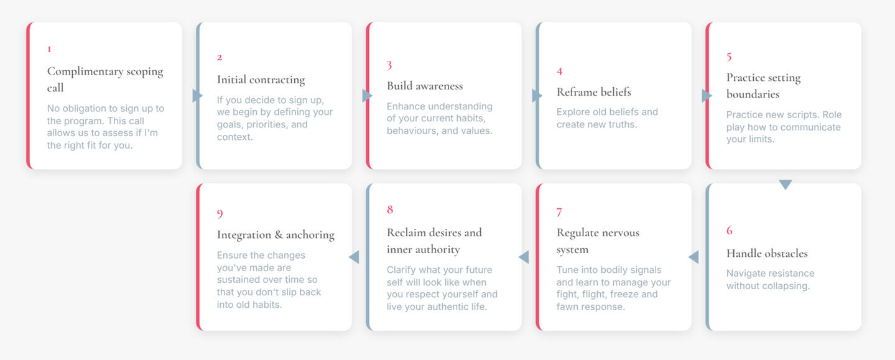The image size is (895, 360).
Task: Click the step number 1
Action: click(x=49, y=49)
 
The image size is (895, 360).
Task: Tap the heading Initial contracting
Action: click(x=261, y=80)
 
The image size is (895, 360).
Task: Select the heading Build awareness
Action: click(x=425, y=86)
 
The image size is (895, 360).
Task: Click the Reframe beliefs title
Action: click(x=594, y=92)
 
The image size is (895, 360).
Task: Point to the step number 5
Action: click(x=729, y=57)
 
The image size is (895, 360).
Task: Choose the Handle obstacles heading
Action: click(x=767, y=253)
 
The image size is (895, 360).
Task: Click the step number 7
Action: click(x=559, y=212)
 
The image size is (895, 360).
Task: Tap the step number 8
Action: click(x=390, y=210)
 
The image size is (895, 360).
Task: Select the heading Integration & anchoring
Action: click(x=276, y=235)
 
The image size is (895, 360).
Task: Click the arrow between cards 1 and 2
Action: click(x=197, y=96)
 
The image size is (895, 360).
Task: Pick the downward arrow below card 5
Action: click(x=785, y=185)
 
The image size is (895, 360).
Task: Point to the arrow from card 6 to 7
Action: click(x=693, y=257)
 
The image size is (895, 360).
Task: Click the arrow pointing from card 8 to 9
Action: click(x=354, y=257)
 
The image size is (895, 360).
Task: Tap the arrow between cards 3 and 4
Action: click(x=537, y=96)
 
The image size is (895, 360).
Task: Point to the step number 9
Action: click(x=220, y=214)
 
